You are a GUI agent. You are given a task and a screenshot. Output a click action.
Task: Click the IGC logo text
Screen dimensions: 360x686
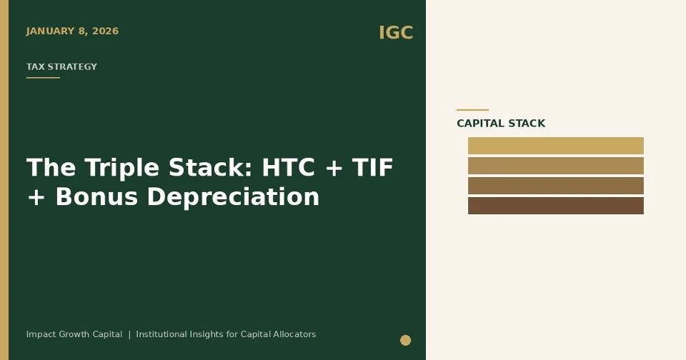(395, 33)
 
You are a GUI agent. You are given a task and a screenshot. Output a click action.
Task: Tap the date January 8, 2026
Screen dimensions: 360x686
(72, 31)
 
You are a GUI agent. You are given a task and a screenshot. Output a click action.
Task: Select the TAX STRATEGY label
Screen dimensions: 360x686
(61, 67)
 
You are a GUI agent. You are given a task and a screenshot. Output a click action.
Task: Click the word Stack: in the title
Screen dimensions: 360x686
(212, 168)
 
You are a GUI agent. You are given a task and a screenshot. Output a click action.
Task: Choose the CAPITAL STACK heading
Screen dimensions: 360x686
(500, 124)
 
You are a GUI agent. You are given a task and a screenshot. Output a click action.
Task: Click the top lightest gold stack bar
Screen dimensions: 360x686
(555, 146)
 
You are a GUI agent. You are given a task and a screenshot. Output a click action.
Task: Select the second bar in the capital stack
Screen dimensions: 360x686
(555, 166)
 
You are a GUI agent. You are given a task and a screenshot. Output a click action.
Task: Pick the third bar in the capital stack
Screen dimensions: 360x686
(555, 186)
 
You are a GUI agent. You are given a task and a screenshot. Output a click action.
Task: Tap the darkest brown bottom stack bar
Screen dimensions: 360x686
(555, 206)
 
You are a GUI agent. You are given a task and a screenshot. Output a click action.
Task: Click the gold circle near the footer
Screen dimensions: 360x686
(405, 340)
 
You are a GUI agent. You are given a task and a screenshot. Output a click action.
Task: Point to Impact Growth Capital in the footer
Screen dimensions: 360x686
(74, 334)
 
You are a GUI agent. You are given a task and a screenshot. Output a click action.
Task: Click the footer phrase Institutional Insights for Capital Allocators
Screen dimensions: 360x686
(226, 334)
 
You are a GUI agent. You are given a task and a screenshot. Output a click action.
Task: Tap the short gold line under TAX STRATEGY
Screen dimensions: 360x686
(43, 78)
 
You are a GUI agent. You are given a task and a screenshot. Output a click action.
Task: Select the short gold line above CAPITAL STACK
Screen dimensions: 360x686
(472, 110)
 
